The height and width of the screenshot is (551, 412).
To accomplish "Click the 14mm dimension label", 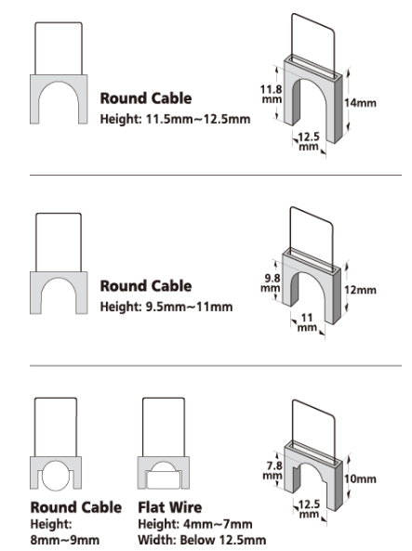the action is tap(360, 103).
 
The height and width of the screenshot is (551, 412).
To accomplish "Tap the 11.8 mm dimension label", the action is tap(272, 94).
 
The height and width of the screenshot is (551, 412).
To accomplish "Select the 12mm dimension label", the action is tap(360, 290).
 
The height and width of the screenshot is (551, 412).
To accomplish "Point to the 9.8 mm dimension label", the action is tap(271, 282).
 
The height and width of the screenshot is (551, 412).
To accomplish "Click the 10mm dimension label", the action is tap(360, 479).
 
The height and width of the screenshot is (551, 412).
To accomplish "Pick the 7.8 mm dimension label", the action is tap(273, 470).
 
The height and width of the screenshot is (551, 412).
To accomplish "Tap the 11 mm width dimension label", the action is tap(307, 322).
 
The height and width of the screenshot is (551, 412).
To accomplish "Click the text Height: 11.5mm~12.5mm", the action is tap(175, 119).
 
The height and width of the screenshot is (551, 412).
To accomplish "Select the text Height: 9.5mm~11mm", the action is tap(166, 307).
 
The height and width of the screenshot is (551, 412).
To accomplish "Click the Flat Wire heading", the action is tap(170, 507).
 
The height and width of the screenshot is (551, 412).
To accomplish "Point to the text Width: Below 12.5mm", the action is tap(202, 540).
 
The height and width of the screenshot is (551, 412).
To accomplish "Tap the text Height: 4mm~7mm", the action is tap(195, 524).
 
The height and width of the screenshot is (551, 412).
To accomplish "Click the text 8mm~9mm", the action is tap(65, 540).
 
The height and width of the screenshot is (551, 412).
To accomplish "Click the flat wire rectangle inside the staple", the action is tap(164, 480).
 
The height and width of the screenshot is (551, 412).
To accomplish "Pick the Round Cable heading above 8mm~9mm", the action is tap(76, 507).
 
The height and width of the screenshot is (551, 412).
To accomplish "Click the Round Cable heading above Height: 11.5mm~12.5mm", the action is tap(146, 98).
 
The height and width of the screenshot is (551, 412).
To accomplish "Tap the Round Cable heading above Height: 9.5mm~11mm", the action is tap(146, 285).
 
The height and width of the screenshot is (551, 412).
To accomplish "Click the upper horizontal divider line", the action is tap(216, 175).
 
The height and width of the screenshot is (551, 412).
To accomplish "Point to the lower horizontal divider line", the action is tap(216, 366).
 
